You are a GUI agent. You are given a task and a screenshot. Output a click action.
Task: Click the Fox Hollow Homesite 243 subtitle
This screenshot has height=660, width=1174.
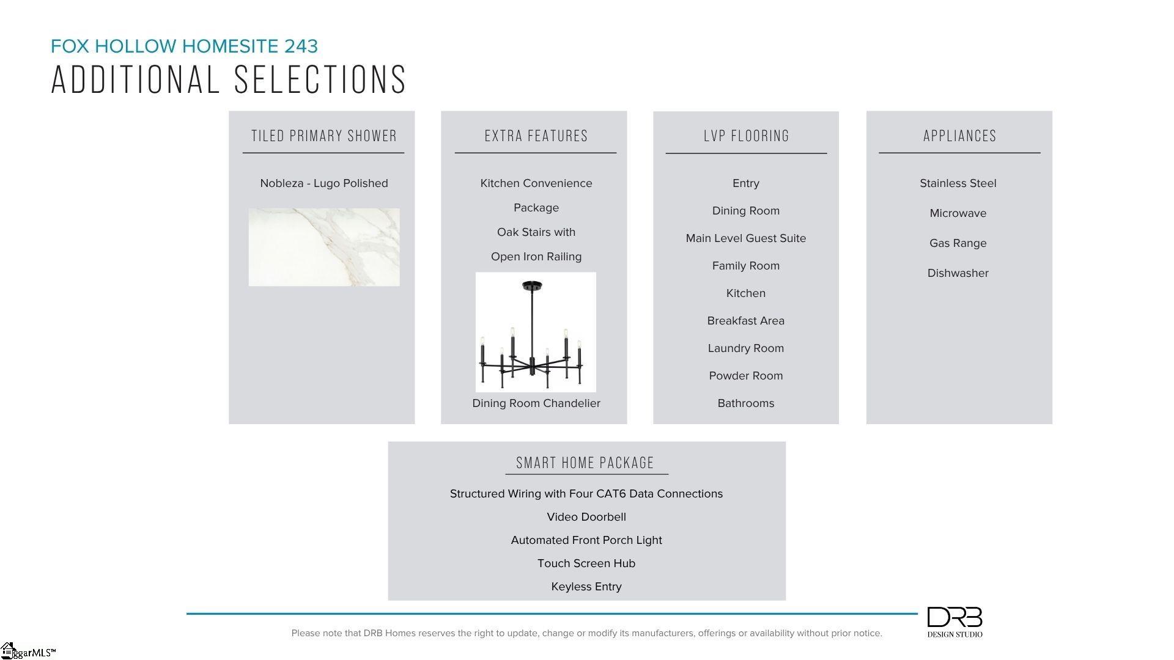click(x=184, y=46)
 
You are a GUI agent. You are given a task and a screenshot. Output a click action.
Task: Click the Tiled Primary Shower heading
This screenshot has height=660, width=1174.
click(x=324, y=136)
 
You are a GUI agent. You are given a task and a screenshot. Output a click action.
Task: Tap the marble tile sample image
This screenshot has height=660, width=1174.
click(x=324, y=247)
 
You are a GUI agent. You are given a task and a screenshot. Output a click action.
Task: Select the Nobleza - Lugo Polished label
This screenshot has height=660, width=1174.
click(x=324, y=183)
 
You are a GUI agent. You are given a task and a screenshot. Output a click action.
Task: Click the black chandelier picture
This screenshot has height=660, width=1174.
click(x=536, y=332)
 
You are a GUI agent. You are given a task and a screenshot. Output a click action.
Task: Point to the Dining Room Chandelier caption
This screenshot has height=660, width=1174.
click(x=536, y=403)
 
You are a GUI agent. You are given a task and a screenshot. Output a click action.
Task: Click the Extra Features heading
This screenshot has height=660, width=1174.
click(x=536, y=136)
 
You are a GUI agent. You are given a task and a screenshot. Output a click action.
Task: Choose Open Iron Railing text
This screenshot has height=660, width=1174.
click(x=536, y=257)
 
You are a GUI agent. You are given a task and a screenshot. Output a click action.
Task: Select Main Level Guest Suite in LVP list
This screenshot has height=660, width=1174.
click(x=746, y=238)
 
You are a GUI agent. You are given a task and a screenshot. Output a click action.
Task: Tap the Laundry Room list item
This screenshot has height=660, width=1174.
click(x=746, y=348)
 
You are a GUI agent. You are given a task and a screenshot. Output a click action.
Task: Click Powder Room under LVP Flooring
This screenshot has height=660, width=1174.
click(x=746, y=376)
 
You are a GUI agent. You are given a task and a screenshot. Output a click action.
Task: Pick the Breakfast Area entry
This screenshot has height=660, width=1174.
click(x=746, y=321)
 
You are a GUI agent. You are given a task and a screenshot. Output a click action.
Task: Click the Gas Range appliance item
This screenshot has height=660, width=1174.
click(x=958, y=243)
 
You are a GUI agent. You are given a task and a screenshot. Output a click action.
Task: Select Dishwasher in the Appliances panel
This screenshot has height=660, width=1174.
click(x=958, y=273)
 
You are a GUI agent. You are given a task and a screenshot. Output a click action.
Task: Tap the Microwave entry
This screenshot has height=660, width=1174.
click(x=958, y=213)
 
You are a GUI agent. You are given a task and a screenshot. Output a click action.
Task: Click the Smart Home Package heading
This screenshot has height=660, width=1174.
click(x=585, y=463)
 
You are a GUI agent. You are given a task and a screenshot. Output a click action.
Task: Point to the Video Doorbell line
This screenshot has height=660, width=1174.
click(x=586, y=517)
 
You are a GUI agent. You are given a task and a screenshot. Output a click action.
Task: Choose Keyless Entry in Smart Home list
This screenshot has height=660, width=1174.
click(x=586, y=587)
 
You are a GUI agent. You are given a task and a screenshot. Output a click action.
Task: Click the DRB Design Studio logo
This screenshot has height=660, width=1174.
click(x=954, y=622)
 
